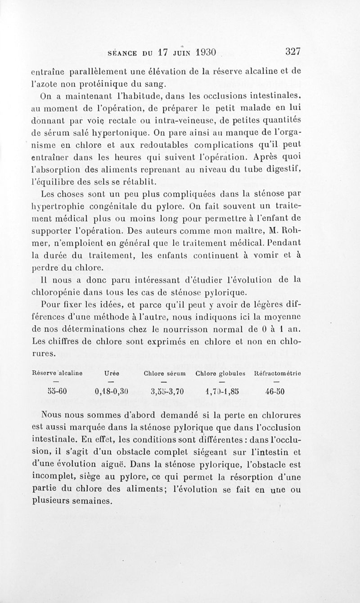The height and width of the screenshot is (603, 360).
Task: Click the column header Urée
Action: [111, 373]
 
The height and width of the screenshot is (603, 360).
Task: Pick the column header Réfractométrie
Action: [278, 373]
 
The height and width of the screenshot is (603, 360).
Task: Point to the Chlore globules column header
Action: [220, 373]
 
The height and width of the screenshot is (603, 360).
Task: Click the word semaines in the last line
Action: [90, 501]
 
